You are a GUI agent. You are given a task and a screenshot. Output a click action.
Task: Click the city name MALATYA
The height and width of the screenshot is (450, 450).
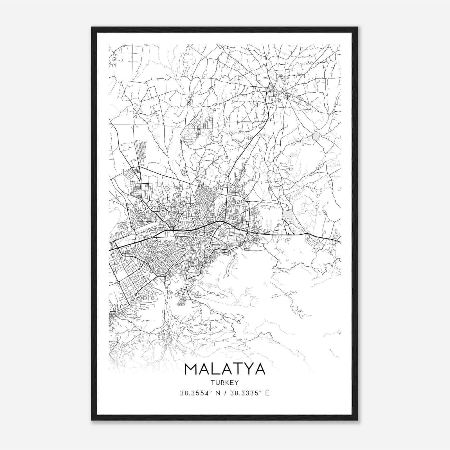coord(225,369)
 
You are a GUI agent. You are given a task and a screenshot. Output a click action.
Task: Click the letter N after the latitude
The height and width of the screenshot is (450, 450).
coord(217,393)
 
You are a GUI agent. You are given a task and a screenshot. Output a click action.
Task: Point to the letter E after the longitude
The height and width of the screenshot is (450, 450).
coord(267,393)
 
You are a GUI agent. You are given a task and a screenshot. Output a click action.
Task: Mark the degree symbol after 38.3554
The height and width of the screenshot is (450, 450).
coord(211,391)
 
